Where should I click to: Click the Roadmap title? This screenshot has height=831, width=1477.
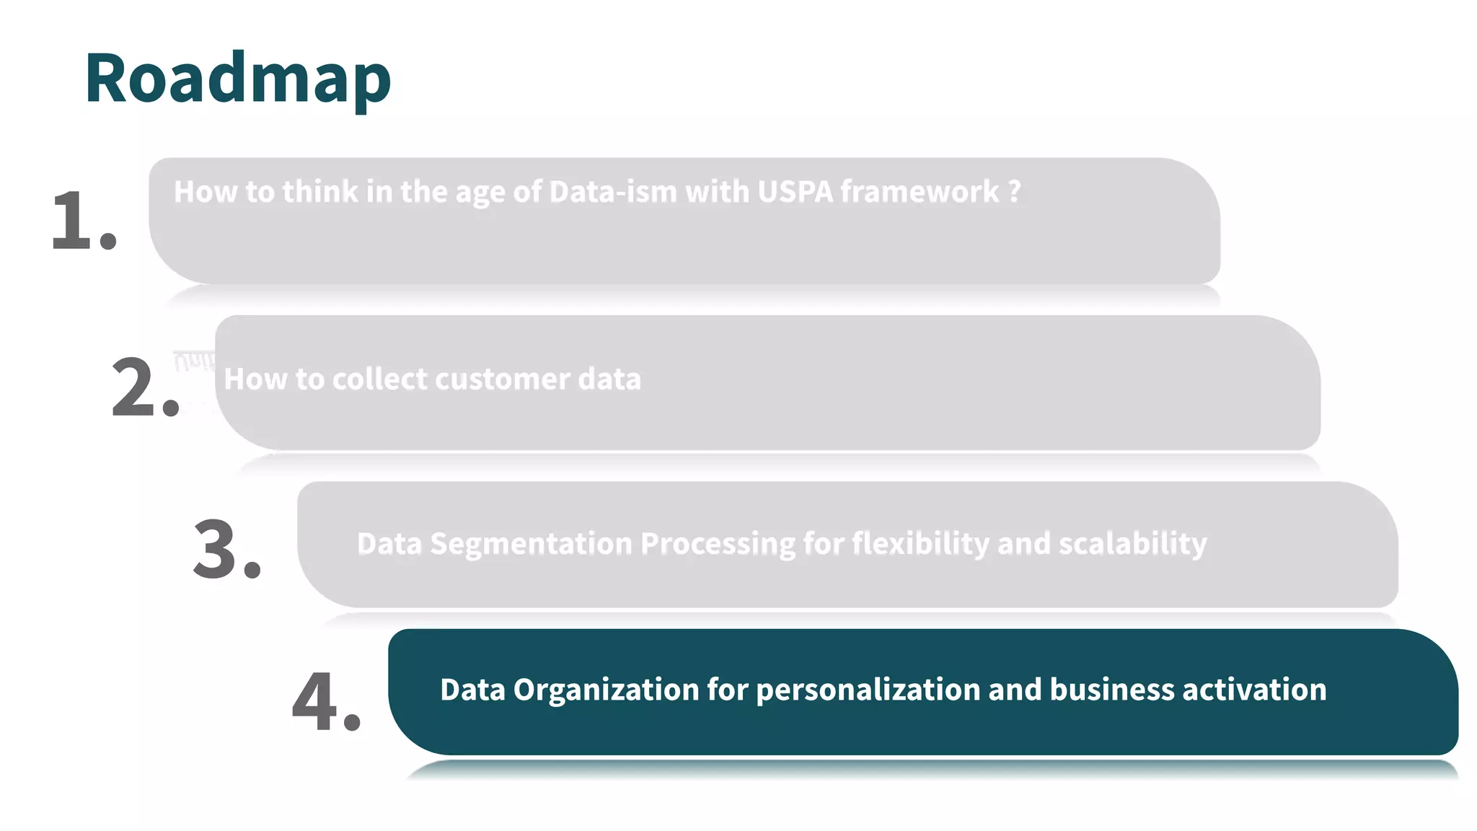coord(238,78)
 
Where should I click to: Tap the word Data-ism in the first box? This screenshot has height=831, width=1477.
coord(613,192)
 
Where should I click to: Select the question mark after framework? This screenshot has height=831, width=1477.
coord(1014,192)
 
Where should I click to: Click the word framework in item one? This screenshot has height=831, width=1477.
coord(920,192)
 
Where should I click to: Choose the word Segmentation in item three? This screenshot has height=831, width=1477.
coord(531,544)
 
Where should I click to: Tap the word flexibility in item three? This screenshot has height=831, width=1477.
coord(920,544)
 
